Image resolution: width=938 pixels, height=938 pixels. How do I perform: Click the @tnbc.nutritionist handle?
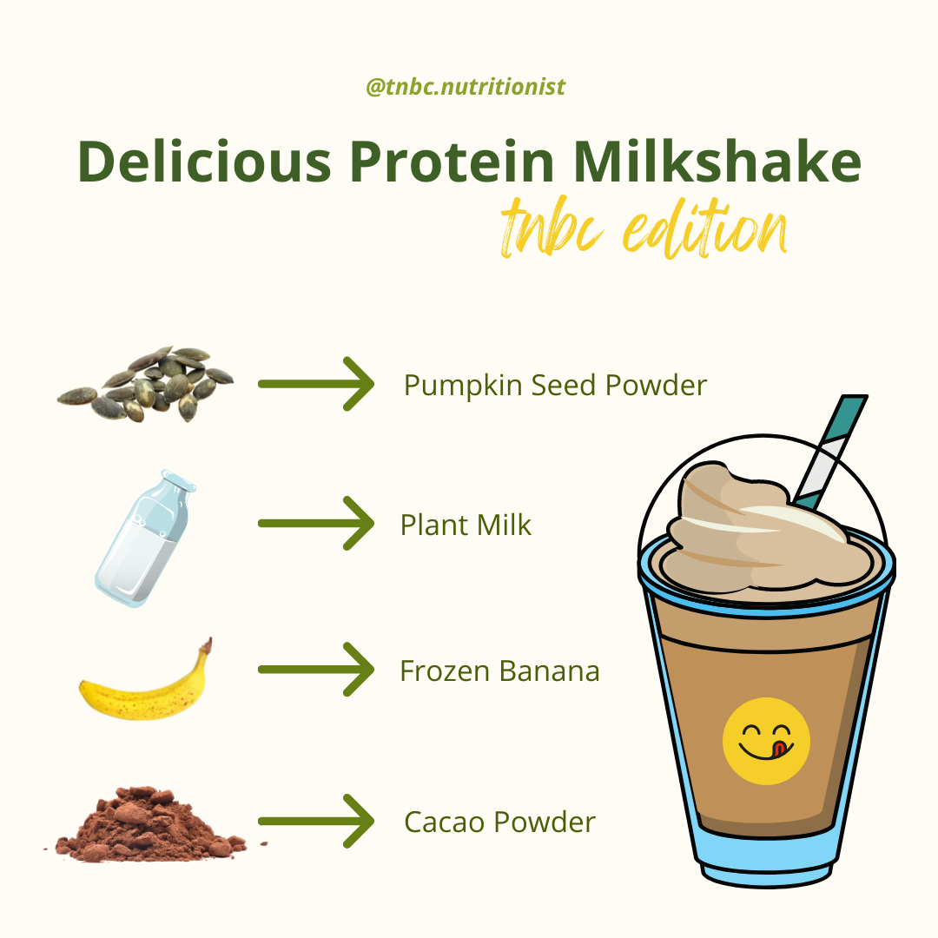(466, 88)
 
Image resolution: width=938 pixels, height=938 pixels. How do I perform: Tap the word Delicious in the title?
(204, 162)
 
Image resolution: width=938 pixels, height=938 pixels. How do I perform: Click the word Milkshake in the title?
(717, 161)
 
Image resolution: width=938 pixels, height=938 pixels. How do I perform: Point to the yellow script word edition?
(705, 229)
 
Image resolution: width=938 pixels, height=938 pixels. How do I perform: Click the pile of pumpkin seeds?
(145, 384)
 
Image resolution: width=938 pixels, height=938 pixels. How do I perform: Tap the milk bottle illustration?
(145, 538)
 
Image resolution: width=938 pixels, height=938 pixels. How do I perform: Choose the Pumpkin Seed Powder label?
(555, 386)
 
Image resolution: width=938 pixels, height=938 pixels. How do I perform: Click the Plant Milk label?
(466, 525)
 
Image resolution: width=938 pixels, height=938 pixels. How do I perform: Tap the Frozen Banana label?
(499, 670)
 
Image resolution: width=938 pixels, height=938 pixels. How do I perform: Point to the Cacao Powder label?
(499, 822)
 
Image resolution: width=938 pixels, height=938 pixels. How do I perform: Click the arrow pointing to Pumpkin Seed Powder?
(316, 384)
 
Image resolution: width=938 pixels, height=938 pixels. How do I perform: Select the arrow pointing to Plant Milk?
(316, 523)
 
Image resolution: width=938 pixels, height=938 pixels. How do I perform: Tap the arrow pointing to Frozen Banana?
(316, 670)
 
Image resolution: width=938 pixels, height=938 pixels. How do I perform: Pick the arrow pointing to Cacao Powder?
(316, 822)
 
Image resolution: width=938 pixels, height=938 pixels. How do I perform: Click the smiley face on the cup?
(766, 741)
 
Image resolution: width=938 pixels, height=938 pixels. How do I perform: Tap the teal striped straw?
(830, 452)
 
